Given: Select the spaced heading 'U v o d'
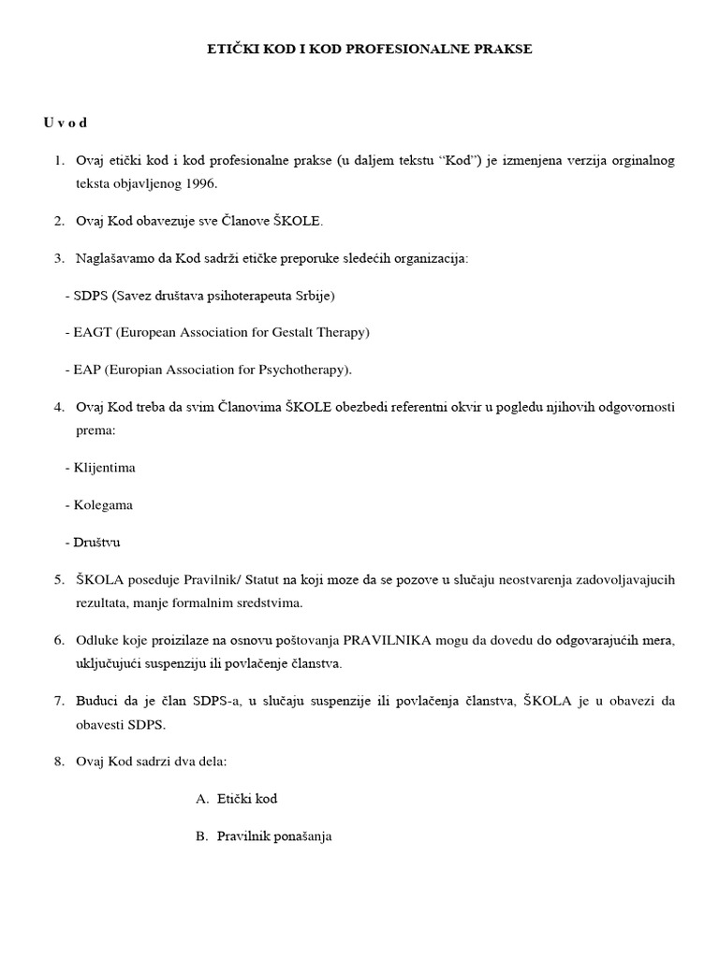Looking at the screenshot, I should point(66,123).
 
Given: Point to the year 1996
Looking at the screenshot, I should point(198,183).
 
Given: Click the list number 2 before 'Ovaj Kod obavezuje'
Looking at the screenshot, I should point(58,221).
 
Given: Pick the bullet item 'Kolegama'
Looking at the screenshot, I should point(103,504).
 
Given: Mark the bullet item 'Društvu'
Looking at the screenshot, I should point(97,542).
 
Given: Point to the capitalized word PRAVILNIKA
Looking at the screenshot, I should point(386,640).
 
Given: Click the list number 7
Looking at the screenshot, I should point(58,701).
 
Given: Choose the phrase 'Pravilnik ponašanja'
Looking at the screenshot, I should point(273,836).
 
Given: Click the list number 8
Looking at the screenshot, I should point(58,762).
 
